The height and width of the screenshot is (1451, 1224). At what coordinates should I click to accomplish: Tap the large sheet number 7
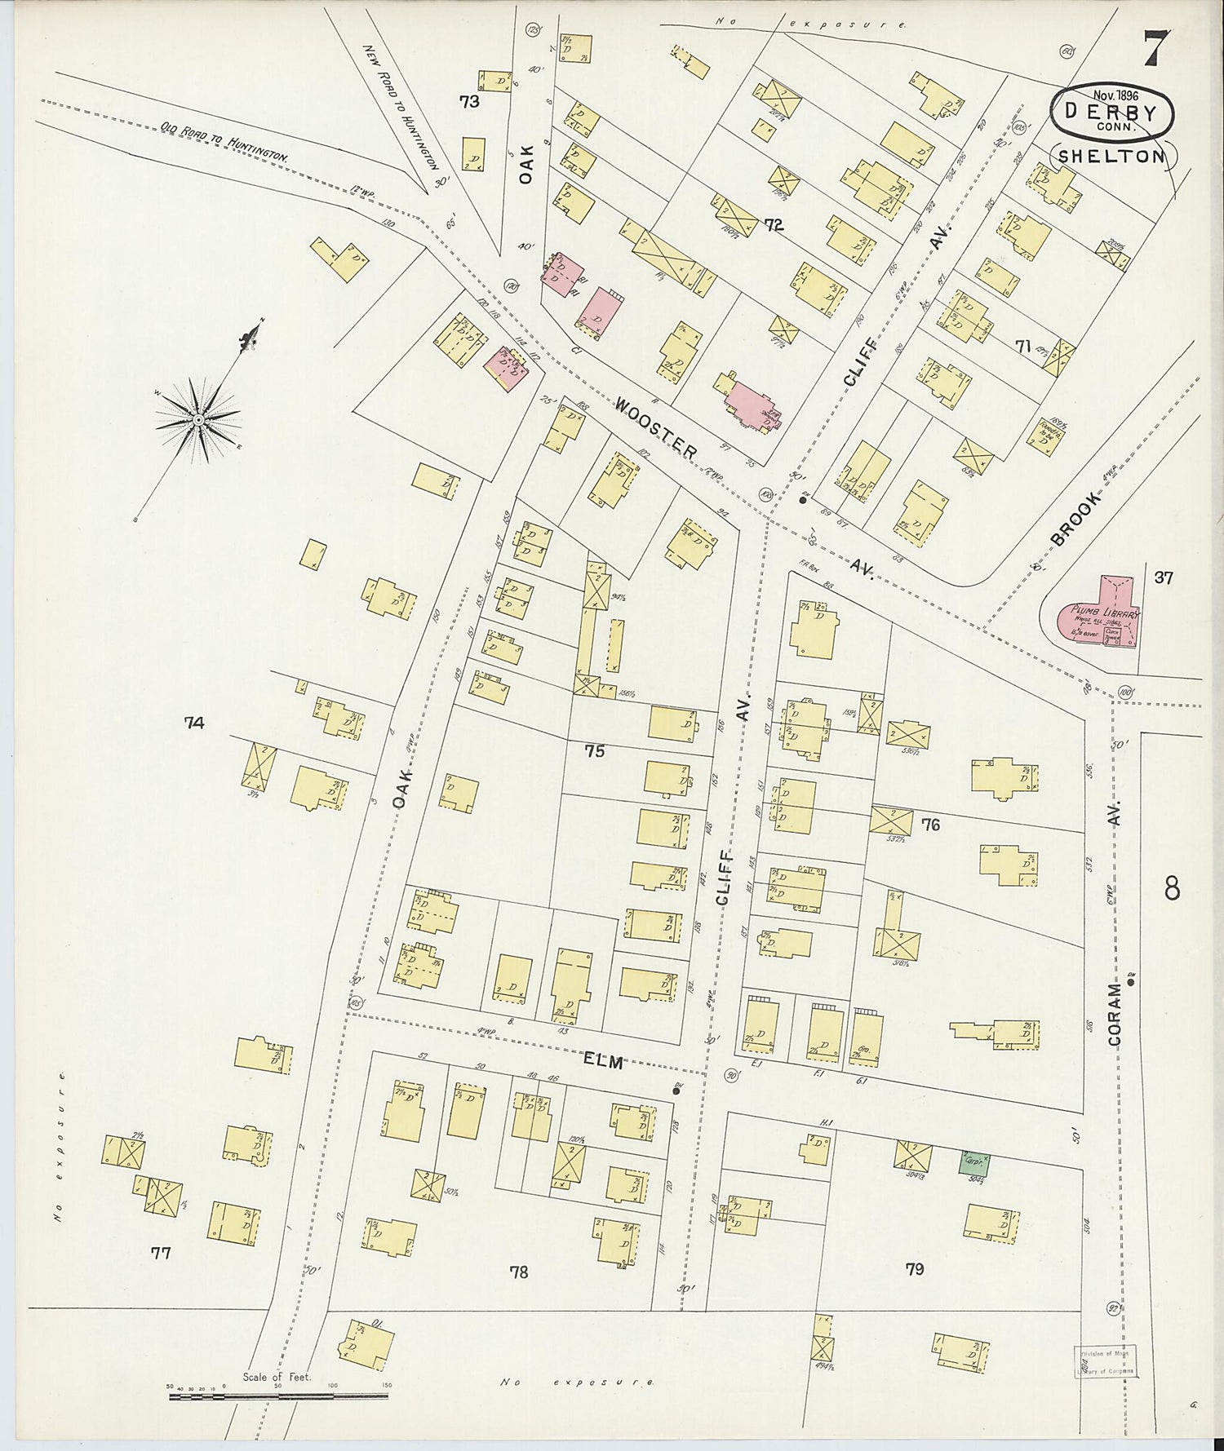pyautogui.click(x=1156, y=49)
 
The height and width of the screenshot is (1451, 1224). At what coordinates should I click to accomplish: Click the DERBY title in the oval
pyautogui.click(x=1111, y=112)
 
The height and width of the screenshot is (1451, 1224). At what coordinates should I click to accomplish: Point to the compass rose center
pyautogui.click(x=197, y=419)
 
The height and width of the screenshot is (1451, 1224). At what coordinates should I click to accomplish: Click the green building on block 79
pyautogui.click(x=974, y=1163)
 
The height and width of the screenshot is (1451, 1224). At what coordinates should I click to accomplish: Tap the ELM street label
pyautogui.click(x=604, y=1062)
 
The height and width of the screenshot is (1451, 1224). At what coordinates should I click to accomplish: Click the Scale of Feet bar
pyautogui.click(x=277, y=1397)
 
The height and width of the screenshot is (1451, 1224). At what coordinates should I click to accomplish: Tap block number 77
pyautogui.click(x=161, y=1253)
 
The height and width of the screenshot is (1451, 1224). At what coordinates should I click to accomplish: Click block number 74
pyautogui.click(x=194, y=722)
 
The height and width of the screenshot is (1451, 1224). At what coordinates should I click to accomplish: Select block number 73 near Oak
pyautogui.click(x=468, y=102)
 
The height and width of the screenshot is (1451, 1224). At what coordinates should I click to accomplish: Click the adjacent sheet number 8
pyautogui.click(x=1172, y=888)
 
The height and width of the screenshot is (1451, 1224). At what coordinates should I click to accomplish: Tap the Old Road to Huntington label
pyautogui.click(x=224, y=143)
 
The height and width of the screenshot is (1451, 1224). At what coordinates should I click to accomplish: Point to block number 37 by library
pyautogui.click(x=1164, y=577)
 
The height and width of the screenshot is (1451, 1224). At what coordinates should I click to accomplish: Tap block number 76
pyautogui.click(x=930, y=825)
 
